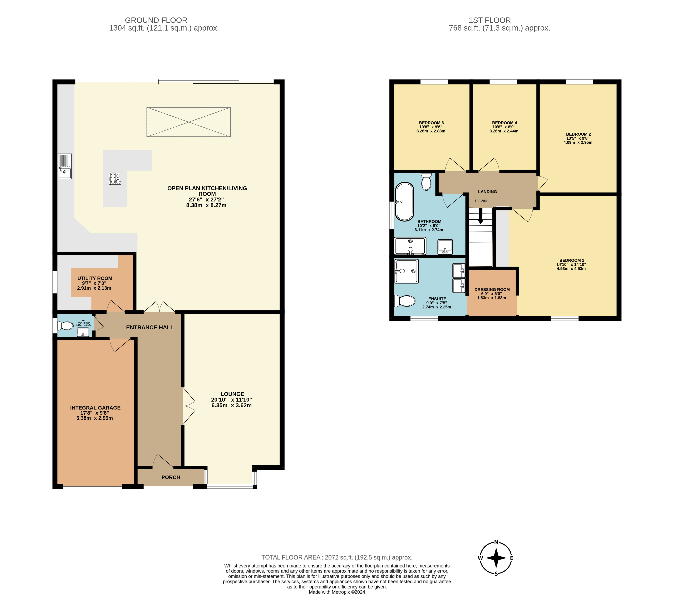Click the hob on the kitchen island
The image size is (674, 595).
click(x=115, y=179)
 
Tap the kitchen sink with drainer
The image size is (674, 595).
click(x=65, y=166)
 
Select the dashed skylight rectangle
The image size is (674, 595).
click(x=189, y=122)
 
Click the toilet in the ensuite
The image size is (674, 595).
click(x=405, y=301)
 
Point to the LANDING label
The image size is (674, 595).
click(x=487, y=191)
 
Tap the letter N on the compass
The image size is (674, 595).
click(x=496, y=543)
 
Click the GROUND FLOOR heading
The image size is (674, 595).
click(x=156, y=20)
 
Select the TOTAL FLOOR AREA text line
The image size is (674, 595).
click(x=337, y=557)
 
